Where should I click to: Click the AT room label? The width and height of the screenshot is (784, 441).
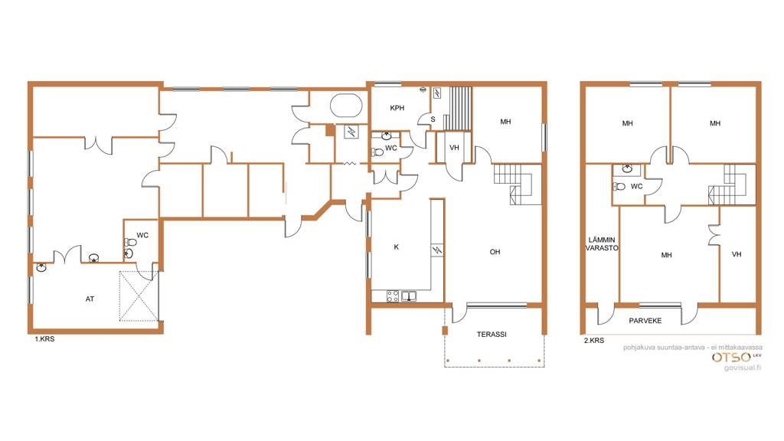(x=90, y=299)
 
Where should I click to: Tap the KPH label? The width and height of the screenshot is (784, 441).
(x=397, y=108)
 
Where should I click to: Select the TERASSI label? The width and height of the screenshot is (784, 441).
(x=492, y=334)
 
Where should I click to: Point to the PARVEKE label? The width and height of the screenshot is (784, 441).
(x=645, y=321)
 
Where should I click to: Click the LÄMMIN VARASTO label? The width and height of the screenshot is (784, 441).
(x=602, y=244)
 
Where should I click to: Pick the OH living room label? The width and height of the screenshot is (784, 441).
(x=495, y=252)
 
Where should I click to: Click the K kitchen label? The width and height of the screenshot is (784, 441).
(x=397, y=247)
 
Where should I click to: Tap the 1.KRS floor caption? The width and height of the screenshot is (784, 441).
(x=44, y=339)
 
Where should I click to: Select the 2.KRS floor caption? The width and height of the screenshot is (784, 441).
(x=594, y=341)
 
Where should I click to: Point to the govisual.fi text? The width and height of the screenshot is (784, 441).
(x=743, y=368)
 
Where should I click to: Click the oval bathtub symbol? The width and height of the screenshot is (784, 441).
(x=346, y=106)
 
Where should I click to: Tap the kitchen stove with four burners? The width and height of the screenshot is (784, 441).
(x=393, y=296)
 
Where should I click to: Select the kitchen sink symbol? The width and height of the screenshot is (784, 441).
(x=409, y=296)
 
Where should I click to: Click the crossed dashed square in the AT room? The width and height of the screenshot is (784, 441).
(x=139, y=296)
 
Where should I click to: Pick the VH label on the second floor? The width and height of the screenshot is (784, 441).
(x=737, y=254)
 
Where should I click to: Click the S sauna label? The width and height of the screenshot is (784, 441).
(x=433, y=119)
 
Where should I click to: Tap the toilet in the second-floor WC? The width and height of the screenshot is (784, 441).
(x=619, y=187)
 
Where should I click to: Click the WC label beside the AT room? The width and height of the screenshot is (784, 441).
(x=142, y=236)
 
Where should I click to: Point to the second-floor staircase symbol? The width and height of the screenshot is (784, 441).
(x=731, y=185)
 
